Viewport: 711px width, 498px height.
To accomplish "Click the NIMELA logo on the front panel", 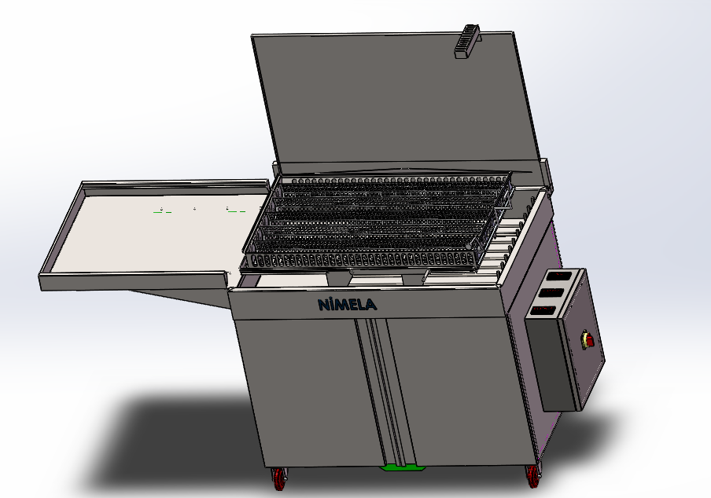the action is [348, 304].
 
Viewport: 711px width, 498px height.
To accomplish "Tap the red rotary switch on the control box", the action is [588, 339].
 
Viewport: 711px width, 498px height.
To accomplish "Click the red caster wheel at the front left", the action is [279, 478].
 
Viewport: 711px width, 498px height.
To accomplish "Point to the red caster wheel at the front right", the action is [533, 477].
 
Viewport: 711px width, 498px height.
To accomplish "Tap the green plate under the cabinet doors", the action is [403, 467].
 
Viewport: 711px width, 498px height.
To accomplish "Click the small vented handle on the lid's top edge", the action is [467, 42].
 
